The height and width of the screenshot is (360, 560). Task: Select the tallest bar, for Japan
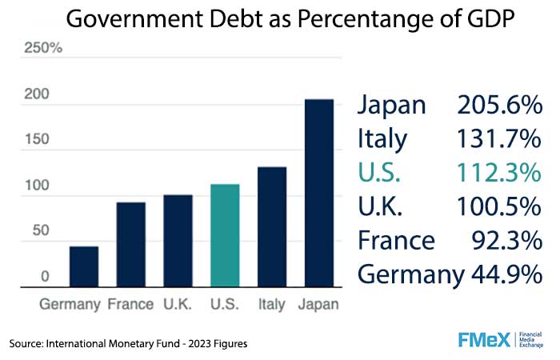click(x=318, y=192)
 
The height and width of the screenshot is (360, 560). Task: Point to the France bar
click(x=131, y=243)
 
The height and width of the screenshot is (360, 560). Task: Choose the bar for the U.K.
click(x=178, y=240)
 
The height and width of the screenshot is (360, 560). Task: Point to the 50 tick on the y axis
click(x=39, y=231)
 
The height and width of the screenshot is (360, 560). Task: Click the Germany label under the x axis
click(x=70, y=305)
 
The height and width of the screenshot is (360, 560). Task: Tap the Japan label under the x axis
click(x=318, y=305)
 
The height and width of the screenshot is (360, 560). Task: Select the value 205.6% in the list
click(x=499, y=105)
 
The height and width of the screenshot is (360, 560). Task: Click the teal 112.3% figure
click(x=499, y=173)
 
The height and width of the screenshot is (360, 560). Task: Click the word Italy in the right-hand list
click(x=382, y=139)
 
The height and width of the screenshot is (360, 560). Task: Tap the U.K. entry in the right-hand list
click(x=382, y=206)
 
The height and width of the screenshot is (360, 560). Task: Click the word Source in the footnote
click(x=29, y=343)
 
